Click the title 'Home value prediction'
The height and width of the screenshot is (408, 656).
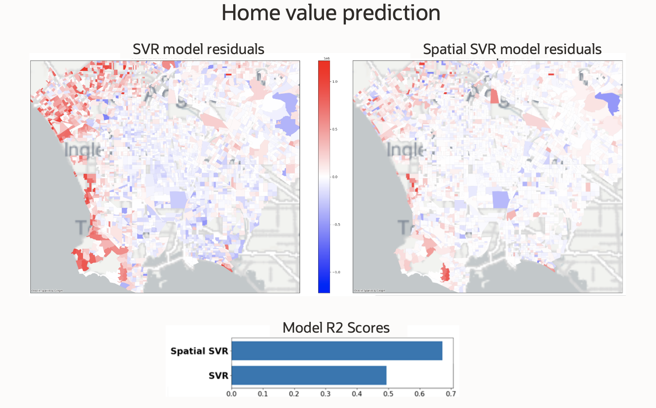pos(331,13)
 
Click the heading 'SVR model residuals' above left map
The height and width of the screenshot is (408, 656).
pos(198,49)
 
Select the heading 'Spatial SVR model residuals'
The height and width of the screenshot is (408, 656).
pos(512,49)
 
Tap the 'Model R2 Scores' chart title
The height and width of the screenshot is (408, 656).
pos(336,328)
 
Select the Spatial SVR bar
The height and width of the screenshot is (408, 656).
pos(337,351)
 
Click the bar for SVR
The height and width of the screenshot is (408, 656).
pos(309,375)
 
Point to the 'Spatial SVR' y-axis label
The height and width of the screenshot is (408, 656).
pos(199,351)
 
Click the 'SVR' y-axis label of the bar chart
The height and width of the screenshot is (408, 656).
pos(218,376)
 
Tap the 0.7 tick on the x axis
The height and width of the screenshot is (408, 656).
pos(451,394)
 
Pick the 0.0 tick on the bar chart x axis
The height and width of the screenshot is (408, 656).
pos(231,394)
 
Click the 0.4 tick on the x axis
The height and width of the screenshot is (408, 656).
pos(357,394)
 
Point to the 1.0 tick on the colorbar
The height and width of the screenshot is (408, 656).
pos(335,81)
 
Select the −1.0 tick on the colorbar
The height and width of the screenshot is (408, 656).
pos(336,272)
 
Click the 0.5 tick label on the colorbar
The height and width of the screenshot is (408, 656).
pos(335,129)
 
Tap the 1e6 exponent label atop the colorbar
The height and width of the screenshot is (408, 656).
pos(327,59)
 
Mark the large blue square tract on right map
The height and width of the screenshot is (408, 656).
pos(501,200)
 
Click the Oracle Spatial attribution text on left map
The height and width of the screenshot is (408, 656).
pos(47,291)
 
